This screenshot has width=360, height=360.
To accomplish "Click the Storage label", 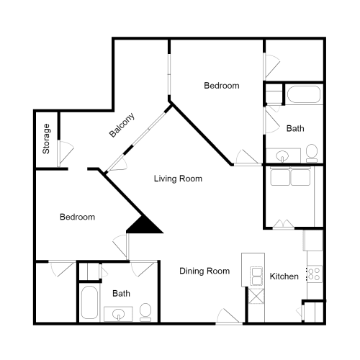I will click(47, 140).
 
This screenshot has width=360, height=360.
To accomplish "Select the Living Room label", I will click(178, 179).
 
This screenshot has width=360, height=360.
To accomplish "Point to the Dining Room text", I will click(204, 271).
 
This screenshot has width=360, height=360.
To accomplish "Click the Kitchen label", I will click(284, 276).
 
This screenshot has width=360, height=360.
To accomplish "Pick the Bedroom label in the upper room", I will click(221, 86).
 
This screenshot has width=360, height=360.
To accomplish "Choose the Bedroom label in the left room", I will click(76, 217).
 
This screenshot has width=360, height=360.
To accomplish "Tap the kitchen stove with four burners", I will click(314, 273).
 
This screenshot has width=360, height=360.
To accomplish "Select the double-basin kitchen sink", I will click(256, 274).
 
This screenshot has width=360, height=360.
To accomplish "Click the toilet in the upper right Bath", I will click(312, 152).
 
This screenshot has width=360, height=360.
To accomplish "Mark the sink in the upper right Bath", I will click(282, 155).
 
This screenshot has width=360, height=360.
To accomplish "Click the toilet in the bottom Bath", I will click(145, 311).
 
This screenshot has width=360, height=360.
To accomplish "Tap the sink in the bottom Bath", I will click(118, 313).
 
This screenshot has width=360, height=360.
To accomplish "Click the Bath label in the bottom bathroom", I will click(121, 294).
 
